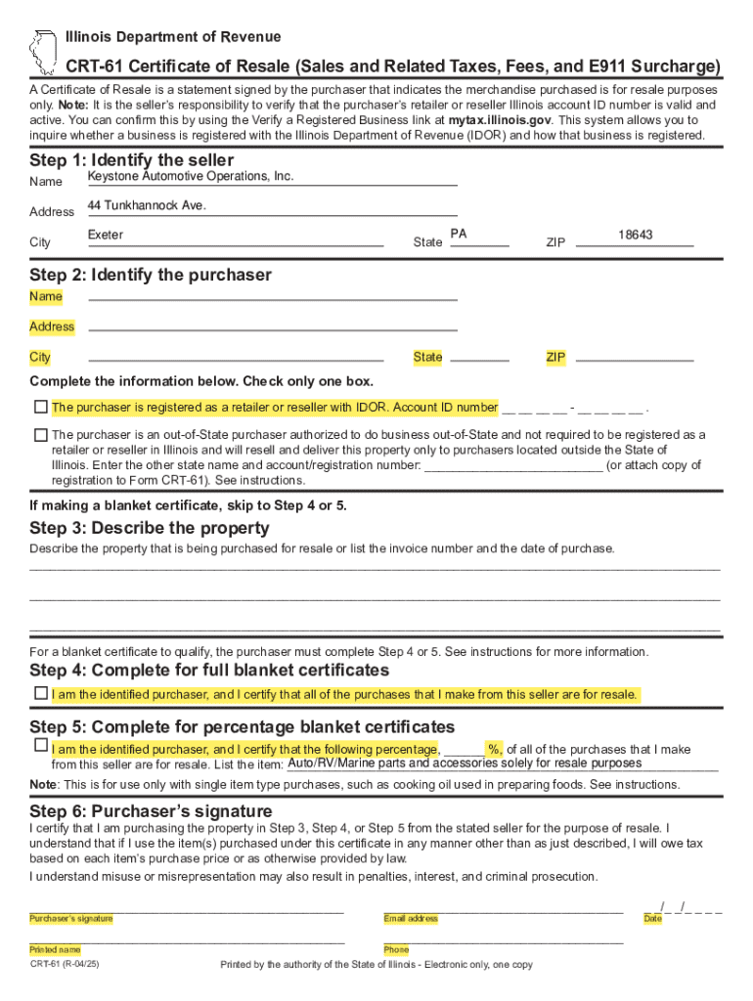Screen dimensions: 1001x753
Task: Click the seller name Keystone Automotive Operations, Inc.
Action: point(190,176)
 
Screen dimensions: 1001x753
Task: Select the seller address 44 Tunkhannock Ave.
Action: point(147,205)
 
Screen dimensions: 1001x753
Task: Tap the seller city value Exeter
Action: point(106,236)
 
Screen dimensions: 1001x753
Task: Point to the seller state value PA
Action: point(459,236)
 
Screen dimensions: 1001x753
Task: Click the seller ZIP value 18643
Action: point(635,236)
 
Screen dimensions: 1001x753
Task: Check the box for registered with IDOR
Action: point(40,406)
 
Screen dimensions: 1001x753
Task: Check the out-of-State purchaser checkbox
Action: point(40,434)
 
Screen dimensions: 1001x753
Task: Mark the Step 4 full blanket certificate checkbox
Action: point(40,693)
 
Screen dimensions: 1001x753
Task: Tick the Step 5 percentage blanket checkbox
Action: point(40,746)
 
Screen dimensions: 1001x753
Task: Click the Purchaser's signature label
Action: point(70,919)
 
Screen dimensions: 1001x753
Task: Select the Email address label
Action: point(411,919)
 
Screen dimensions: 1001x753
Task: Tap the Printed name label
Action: point(55,949)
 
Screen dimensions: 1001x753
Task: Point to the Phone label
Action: point(396,949)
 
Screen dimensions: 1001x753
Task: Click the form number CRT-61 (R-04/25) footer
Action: point(65,965)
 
